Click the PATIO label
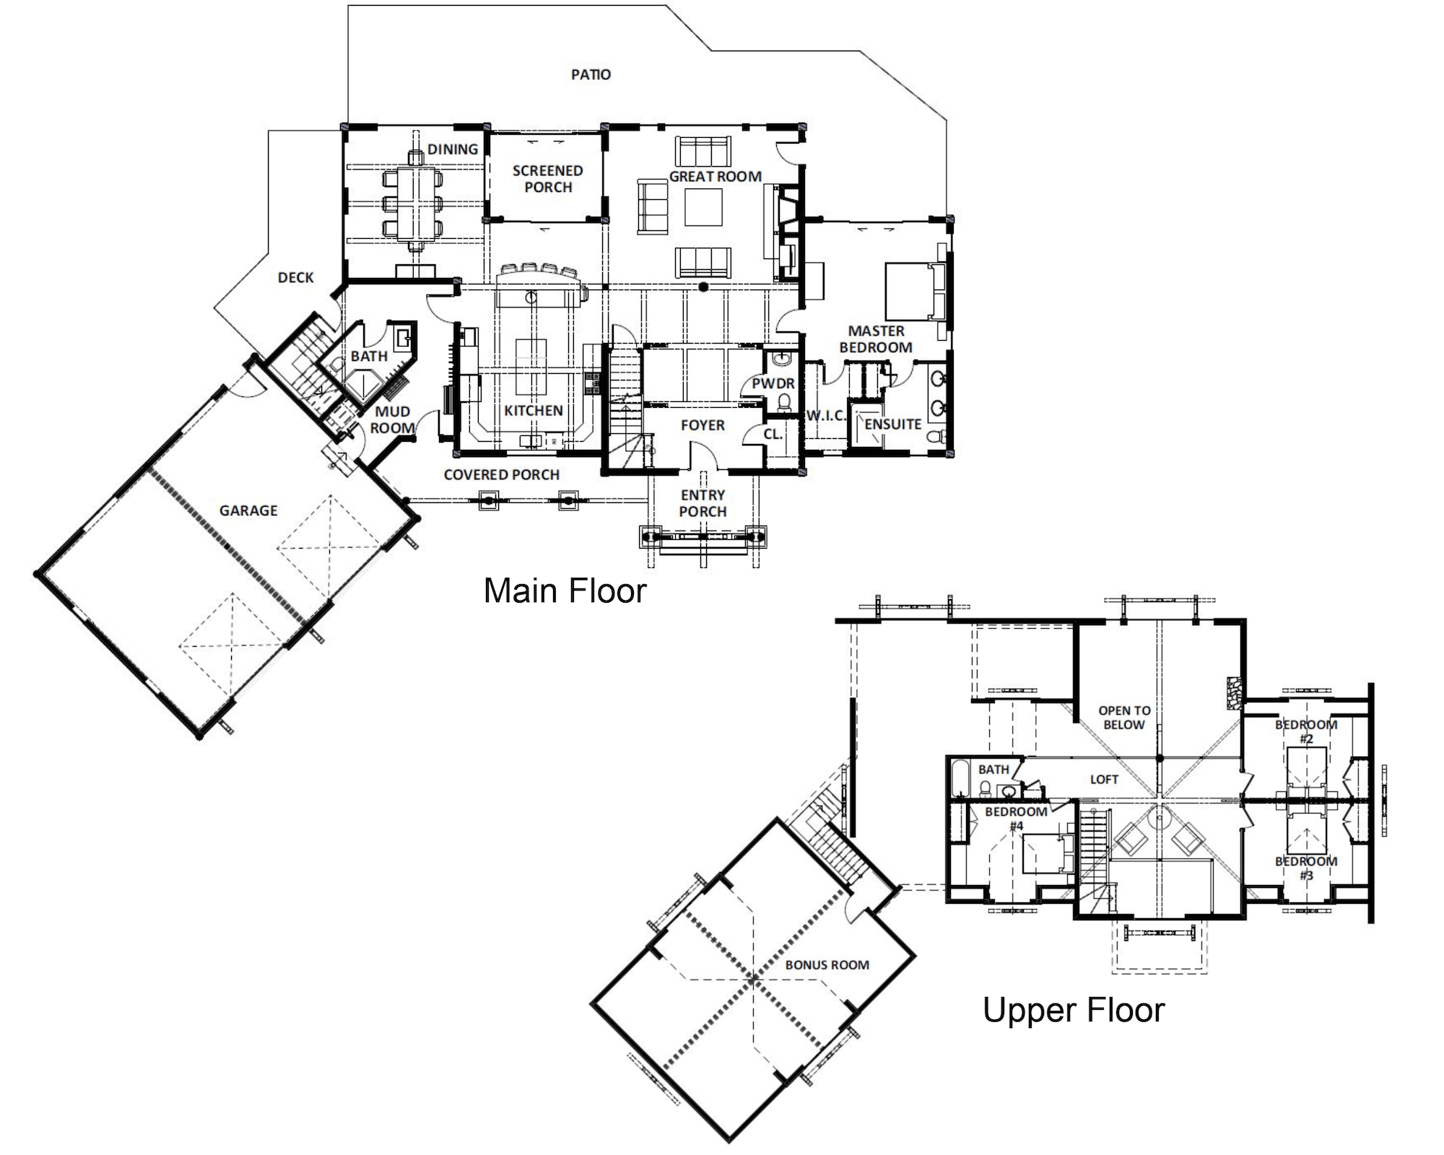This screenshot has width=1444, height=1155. [591, 74]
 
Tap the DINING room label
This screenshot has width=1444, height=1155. [453, 149]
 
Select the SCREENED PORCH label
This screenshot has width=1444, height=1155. [548, 179]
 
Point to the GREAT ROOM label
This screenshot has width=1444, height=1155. [716, 176]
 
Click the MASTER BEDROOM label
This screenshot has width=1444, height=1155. [876, 339]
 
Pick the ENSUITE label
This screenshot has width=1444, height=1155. [893, 424]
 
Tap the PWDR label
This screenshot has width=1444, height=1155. [773, 383]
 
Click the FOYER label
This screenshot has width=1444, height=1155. [703, 426]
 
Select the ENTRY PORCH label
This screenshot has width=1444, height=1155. [703, 503]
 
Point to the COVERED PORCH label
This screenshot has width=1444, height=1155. [502, 475]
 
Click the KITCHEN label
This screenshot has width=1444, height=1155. [534, 411]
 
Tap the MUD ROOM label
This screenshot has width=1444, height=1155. [393, 419]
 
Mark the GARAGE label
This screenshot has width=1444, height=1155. [248, 510]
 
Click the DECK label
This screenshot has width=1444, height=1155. [296, 277]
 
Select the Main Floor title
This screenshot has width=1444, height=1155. [565, 590]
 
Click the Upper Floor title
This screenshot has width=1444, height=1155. [1074, 1010]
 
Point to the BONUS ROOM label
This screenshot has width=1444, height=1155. [827, 965]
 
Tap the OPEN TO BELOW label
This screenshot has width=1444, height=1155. [1124, 718]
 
